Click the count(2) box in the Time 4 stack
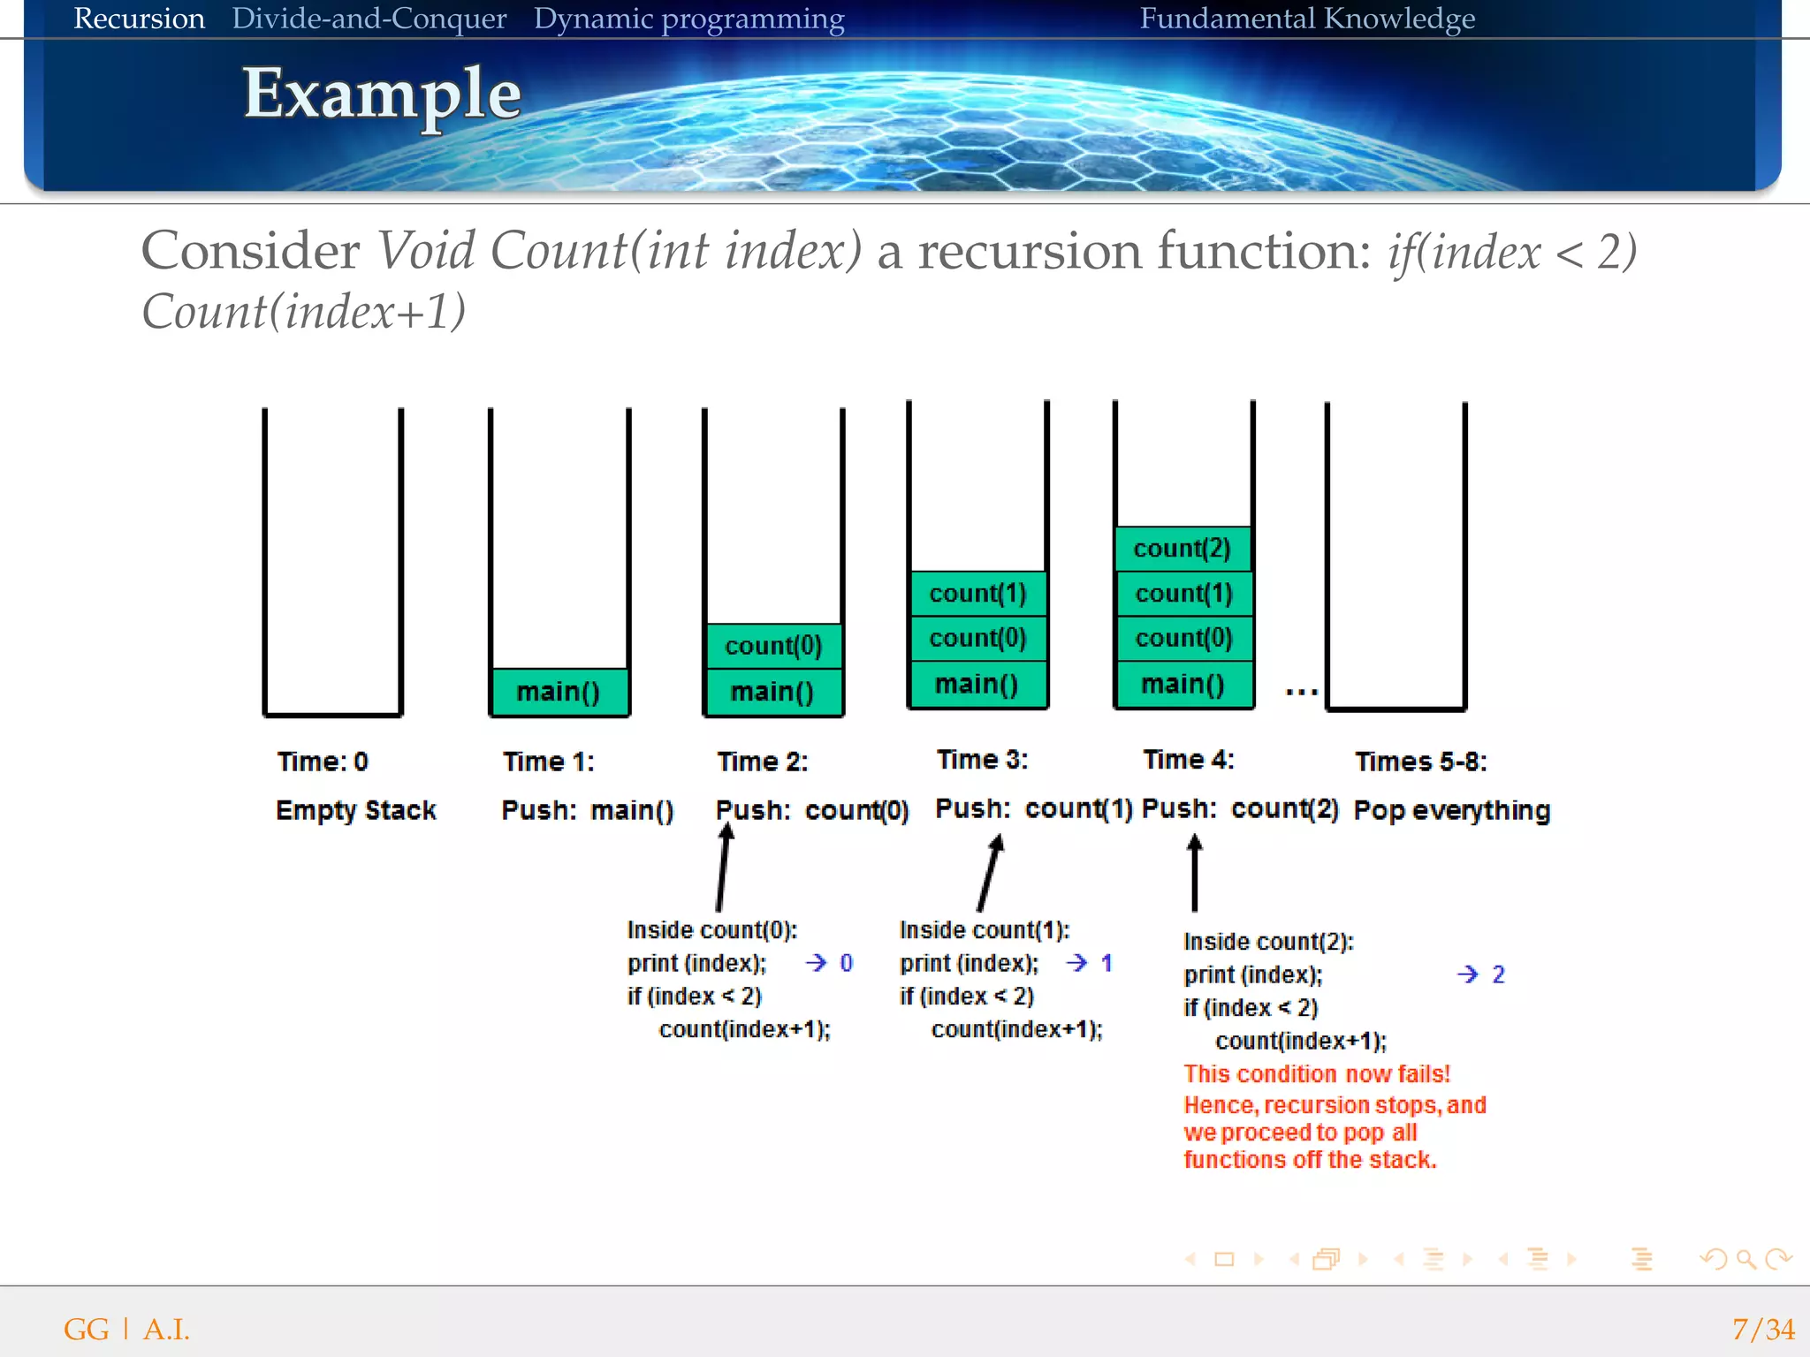1183,549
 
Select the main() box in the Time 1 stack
559,692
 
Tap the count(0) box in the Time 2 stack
773,646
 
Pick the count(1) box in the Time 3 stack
977,594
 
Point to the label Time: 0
323,762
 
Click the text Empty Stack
356,810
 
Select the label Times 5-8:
1421,762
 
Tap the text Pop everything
1452,810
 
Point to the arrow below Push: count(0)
723,868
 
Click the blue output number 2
1498,974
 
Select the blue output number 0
846,963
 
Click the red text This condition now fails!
1317,1074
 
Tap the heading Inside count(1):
985,930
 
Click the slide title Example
382,94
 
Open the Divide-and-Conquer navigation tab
369,19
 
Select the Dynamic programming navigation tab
688,19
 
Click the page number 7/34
1762,1329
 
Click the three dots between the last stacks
1302,692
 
